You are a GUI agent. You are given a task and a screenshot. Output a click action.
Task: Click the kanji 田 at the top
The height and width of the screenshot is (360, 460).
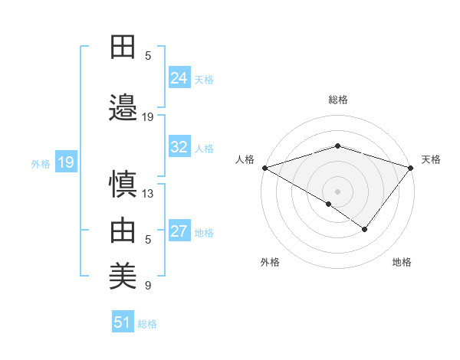tap(123, 47)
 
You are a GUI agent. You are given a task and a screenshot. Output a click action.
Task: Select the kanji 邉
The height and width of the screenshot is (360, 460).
tap(123, 107)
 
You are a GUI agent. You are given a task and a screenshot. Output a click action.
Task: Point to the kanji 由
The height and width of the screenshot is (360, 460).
tap(123, 230)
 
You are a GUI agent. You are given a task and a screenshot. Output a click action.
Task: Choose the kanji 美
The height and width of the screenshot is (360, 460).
tap(123, 273)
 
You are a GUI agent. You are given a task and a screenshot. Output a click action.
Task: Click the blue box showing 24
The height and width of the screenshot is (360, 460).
tap(179, 78)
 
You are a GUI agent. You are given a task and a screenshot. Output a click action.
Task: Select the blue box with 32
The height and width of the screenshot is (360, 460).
tap(179, 147)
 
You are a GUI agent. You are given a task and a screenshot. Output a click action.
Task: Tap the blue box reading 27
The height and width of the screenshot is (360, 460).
tap(179, 231)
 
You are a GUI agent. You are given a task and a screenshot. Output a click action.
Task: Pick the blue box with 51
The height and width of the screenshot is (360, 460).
tap(123, 322)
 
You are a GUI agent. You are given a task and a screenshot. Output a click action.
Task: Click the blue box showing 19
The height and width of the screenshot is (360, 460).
tap(65, 162)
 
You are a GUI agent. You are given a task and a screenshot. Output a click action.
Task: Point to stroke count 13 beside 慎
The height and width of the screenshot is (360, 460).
tap(148, 194)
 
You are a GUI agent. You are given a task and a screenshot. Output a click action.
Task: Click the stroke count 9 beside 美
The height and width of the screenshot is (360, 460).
tap(148, 286)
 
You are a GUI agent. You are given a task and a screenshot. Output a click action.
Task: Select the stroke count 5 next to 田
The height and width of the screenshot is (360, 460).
tap(148, 55)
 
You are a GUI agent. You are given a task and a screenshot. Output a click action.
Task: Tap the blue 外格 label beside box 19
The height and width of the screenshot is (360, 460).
tap(40, 163)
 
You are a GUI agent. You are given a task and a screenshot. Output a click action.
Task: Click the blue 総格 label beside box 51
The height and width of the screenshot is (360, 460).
tap(147, 324)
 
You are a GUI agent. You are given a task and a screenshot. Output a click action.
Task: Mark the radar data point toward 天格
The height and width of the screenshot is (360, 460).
tap(411, 168)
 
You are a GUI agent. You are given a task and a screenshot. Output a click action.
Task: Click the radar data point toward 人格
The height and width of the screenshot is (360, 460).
tap(264, 168)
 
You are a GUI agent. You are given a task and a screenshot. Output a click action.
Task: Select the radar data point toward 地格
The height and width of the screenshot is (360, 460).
tap(365, 229)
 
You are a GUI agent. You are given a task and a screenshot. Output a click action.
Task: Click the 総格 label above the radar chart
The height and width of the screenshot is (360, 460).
tap(337, 100)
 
